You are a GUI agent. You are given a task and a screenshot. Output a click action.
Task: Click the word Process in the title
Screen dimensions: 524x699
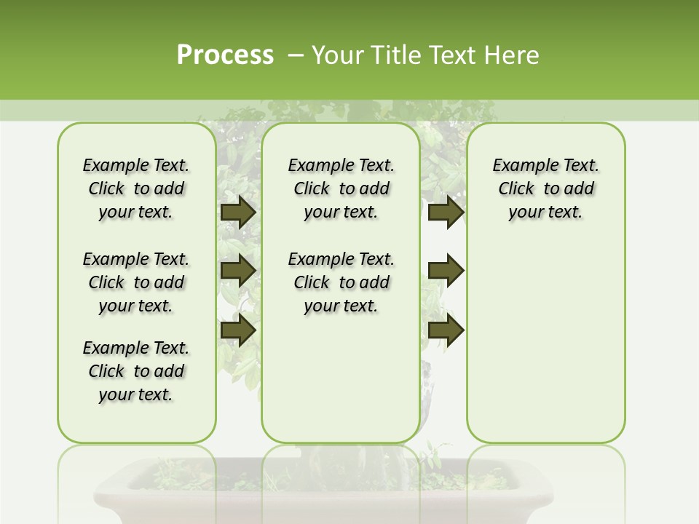click(x=225, y=55)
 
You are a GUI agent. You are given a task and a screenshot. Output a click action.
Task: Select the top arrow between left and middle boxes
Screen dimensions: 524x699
click(x=237, y=213)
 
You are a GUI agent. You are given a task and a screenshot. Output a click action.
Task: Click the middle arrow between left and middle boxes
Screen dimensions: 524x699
click(x=237, y=271)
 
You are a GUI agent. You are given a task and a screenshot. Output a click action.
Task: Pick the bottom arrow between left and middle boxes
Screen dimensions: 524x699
click(x=237, y=330)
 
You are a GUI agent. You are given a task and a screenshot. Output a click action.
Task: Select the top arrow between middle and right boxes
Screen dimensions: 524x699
click(x=446, y=213)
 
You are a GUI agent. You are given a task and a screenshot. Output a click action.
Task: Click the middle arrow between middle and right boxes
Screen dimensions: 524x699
click(x=446, y=271)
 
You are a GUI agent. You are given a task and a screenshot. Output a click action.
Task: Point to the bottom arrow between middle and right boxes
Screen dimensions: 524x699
click(x=446, y=330)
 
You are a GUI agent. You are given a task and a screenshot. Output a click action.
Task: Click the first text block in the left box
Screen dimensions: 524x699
click(x=136, y=188)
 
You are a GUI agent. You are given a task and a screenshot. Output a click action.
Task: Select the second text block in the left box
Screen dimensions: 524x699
click(x=136, y=282)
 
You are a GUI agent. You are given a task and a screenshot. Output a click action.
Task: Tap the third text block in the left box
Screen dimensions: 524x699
click(x=136, y=371)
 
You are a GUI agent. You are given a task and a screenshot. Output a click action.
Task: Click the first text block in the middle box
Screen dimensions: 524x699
click(x=341, y=188)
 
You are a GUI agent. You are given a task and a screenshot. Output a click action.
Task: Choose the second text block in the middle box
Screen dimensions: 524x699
click(x=341, y=282)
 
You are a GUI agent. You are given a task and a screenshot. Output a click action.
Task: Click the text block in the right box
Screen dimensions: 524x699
click(x=545, y=188)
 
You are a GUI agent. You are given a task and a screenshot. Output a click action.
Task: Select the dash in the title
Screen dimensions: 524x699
click(x=295, y=55)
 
